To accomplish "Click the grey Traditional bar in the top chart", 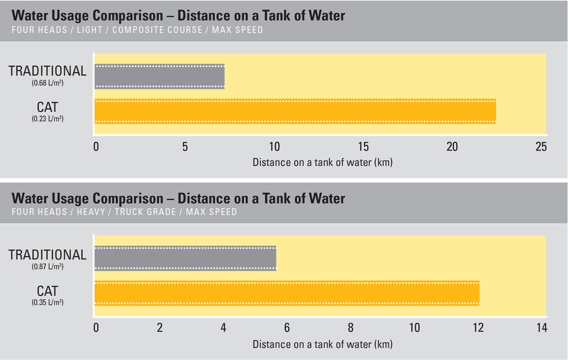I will (x=159, y=76).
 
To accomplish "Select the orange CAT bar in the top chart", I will (x=295, y=111).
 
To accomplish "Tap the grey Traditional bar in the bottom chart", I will (x=185, y=259).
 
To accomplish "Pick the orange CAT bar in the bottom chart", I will (x=287, y=293).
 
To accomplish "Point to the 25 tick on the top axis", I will (x=541, y=147).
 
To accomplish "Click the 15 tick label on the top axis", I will (x=363, y=147).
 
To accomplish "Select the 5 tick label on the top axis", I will (x=185, y=147).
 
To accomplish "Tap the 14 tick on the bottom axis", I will (x=541, y=328).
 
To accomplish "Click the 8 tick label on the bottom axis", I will (x=350, y=328).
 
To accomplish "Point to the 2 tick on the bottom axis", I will (x=160, y=328).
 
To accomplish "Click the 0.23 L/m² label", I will (x=47, y=119).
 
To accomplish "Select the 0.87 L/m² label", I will (x=47, y=267).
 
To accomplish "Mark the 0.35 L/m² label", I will (x=47, y=302).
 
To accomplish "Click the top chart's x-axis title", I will (x=322, y=162).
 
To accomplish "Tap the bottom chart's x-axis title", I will (x=322, y=344).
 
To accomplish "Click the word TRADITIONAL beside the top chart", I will (x=47, y=71).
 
